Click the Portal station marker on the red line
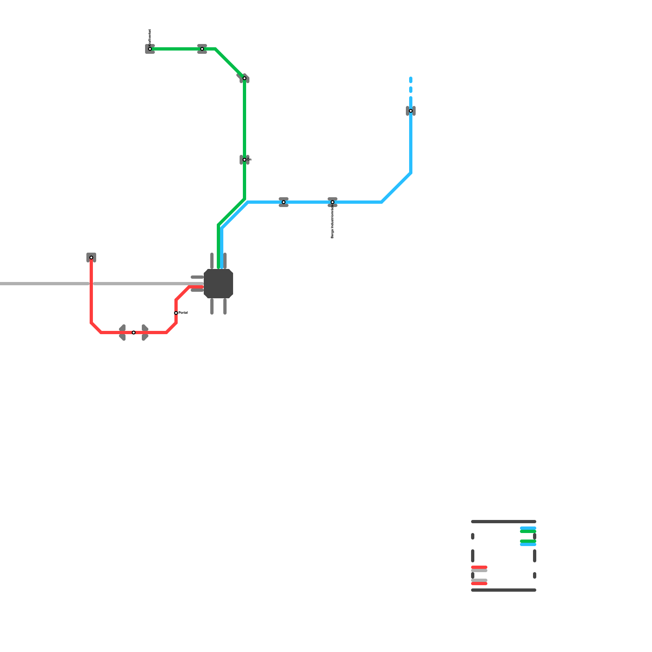pyautogui.click(x=176, y=313)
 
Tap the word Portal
pyautogui.click(x=183, y=313)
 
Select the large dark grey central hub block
pyautogui.click(x=218, y=284)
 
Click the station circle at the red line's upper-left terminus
pyautogui.click(x=91, y=258)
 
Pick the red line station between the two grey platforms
pyautogui.click(x=134, y=333)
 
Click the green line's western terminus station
pyautogui.click(x=150, y=49)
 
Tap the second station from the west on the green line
pyautogui.click(x=202, y=49)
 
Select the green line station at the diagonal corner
pyautogui.click(x=244, y=78)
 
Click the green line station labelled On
pyautogui.click(x=244, y=160)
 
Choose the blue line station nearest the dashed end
pyautogui.click(x=411, y=111)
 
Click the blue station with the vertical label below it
pyautogui.click(x=333, y=202)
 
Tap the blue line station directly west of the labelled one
pyautogui.click(x=284, y=202)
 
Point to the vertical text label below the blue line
pyautogui.click(x=333, y=222)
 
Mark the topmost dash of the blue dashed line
pyautogui.click(x=411, y=79)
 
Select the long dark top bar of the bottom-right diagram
pyautogui.click(x=504, y=522)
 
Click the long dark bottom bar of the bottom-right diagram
pyautogui.click(x=504, y=590)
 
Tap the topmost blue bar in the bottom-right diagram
pyautogui.click(x=528, y=528)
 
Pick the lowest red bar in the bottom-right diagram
pyautogui.click(x=479, y=584)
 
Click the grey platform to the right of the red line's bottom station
pyautogui.click(x=145, y=333)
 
